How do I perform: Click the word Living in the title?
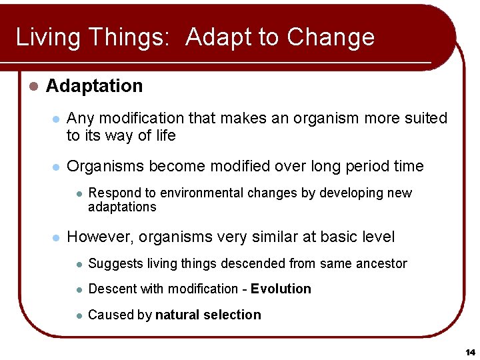click(45, 37)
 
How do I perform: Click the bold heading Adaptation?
click(94, 86)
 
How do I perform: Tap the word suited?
click(425, 118)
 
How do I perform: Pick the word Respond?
click(113, 193)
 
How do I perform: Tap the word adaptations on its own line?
click(122, 207)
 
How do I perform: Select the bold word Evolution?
click(281, 289)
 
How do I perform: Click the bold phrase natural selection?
click(208, 315)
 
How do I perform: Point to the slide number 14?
click(470, 351)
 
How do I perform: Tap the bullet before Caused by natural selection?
click(79, 315)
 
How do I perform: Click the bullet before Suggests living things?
click(79, 264)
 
